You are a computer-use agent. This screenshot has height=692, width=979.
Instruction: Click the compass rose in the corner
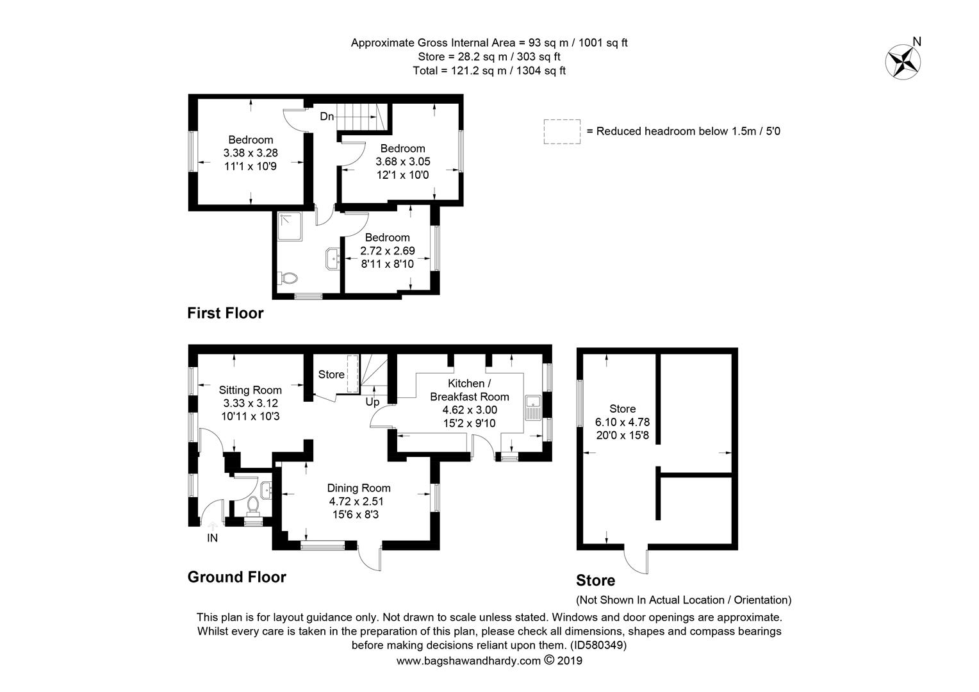(x=903, y=62)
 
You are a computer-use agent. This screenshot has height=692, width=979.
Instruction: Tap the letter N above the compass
(x=917, y=42)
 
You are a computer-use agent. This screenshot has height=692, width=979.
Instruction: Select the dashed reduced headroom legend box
(x=562, y=131)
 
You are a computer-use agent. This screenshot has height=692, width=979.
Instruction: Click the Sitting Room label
(x=250, y=390)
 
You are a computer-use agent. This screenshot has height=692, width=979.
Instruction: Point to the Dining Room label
(x=359, y=488)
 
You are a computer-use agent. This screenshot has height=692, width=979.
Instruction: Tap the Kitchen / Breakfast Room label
(x=470, y=390)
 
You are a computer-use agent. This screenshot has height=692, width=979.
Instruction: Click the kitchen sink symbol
(x=533, y=408)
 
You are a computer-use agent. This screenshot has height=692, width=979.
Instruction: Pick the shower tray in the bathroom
(x=290, y=226)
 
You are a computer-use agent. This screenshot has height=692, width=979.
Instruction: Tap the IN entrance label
(x=213, y=538)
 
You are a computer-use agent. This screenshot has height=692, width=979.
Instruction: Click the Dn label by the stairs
(x=327, y=116)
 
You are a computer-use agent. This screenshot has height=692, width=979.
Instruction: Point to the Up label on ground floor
(x=372, y=402)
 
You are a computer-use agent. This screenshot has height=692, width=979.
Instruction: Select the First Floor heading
(x=226, y=313)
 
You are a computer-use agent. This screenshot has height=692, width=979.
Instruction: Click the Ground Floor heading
(x=237, y=577)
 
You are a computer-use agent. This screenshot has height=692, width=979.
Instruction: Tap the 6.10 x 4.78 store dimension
(x=622, y=422)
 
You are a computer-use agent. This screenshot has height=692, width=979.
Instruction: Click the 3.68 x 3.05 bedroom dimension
(x=403, y=161)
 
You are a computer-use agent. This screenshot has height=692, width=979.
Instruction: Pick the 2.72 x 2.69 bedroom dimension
(x=388, y=251)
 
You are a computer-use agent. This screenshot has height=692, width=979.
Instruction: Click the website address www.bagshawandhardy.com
(x=468, y=661)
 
